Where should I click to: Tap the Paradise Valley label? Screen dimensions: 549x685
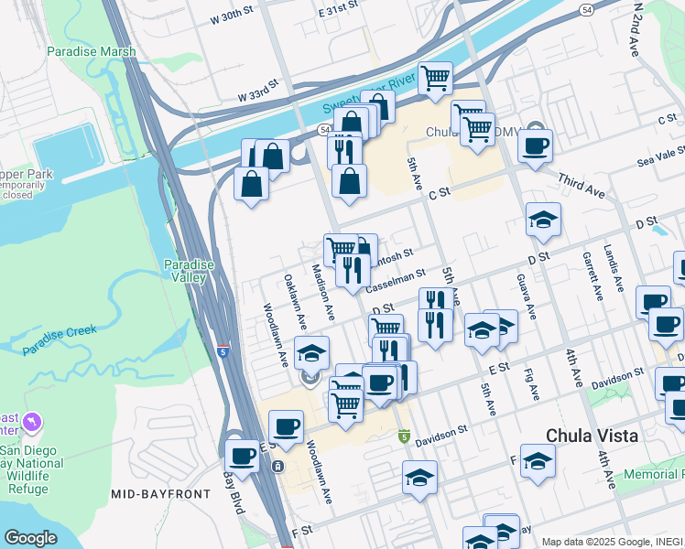click(x=189, y=271)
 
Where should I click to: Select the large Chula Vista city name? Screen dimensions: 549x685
click(x=592, y=436)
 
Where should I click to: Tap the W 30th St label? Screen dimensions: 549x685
click(x=231, y=17)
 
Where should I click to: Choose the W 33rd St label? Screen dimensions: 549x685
click(x=257, y=95)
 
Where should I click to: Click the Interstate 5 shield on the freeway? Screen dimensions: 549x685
click(x=223, y=350)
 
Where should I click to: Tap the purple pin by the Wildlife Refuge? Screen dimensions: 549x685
click(x=34, y=422)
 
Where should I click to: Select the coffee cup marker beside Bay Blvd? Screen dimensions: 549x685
click(x=243, y=455)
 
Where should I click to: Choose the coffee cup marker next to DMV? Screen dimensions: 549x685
click(x=536, y=144)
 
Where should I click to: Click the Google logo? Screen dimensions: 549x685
click(x=30, y=538)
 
